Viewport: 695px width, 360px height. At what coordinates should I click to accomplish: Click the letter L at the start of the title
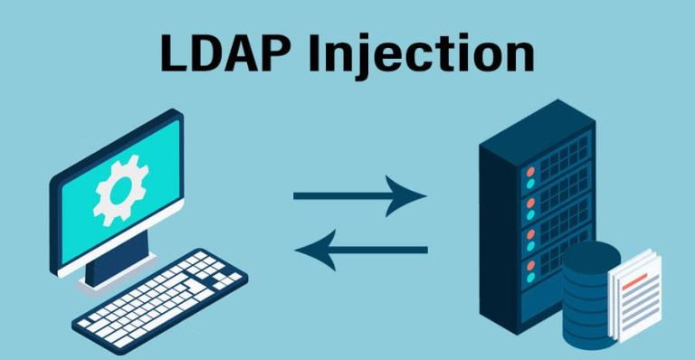point(173,54)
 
